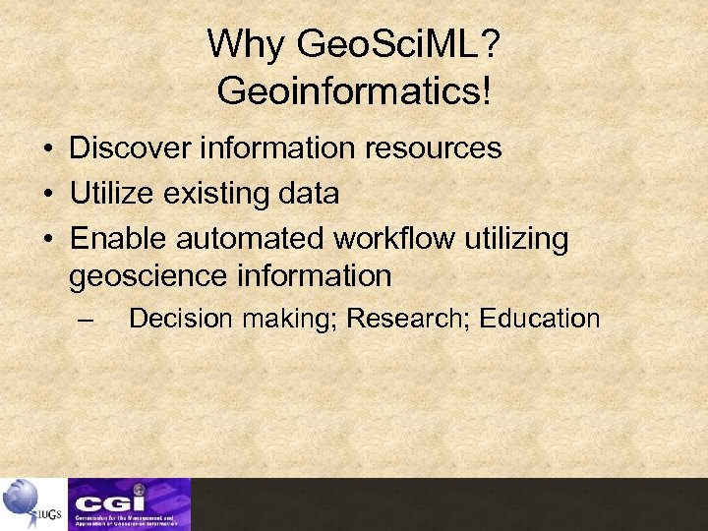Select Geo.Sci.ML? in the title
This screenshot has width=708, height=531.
(x=397, y=44)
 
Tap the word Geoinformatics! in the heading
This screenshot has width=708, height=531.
(x=353, y=91)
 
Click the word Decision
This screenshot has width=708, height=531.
(x=181, y=319)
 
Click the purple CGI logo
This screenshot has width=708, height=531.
(x=129, y=503)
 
